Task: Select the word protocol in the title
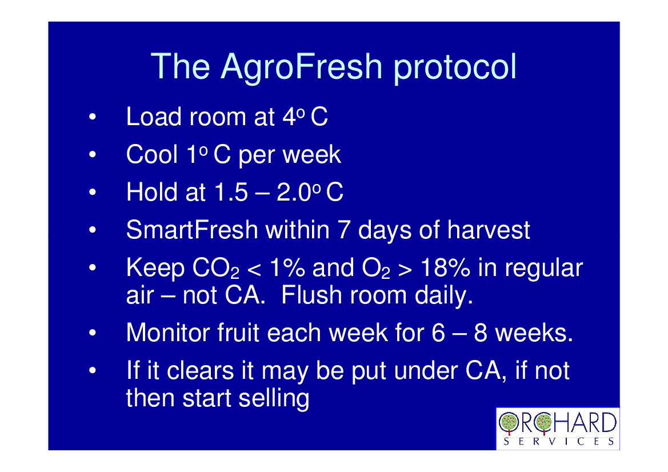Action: [x=455, y=68]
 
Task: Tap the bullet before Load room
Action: [x=93, y=117]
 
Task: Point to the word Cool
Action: [x=151, y=154]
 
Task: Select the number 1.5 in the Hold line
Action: [x=230, y=192]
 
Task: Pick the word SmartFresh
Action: [x=192, y=230]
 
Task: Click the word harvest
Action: [x=489, y=230]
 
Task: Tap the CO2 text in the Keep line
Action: [x=216, y=269]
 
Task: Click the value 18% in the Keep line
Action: [x=445, y=268]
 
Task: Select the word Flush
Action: [x=311, y=295]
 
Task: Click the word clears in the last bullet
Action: [x=200, y=370]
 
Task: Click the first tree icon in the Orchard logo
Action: [x=508, y=423]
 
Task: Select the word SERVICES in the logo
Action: [x=558, y=442]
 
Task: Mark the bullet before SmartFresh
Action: [x=93, y=230]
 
